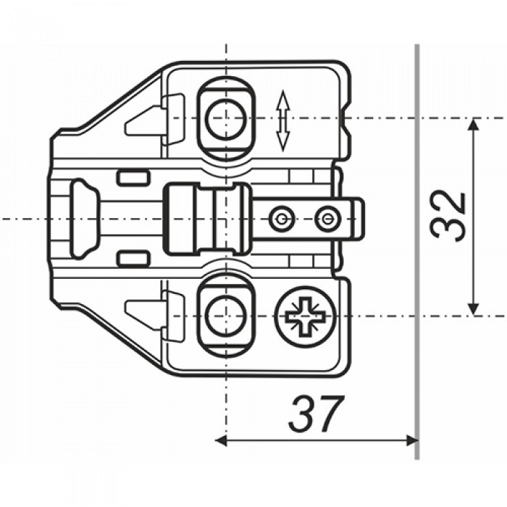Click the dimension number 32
448,217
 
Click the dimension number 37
315,414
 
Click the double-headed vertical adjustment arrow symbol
282,121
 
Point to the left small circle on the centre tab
281,219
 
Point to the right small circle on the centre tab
327,219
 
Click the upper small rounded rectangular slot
133,178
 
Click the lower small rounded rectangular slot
133,259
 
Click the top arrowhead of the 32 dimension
474,124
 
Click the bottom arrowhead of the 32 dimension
474,309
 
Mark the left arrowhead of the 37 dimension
221,440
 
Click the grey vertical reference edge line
417,252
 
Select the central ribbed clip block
207,219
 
